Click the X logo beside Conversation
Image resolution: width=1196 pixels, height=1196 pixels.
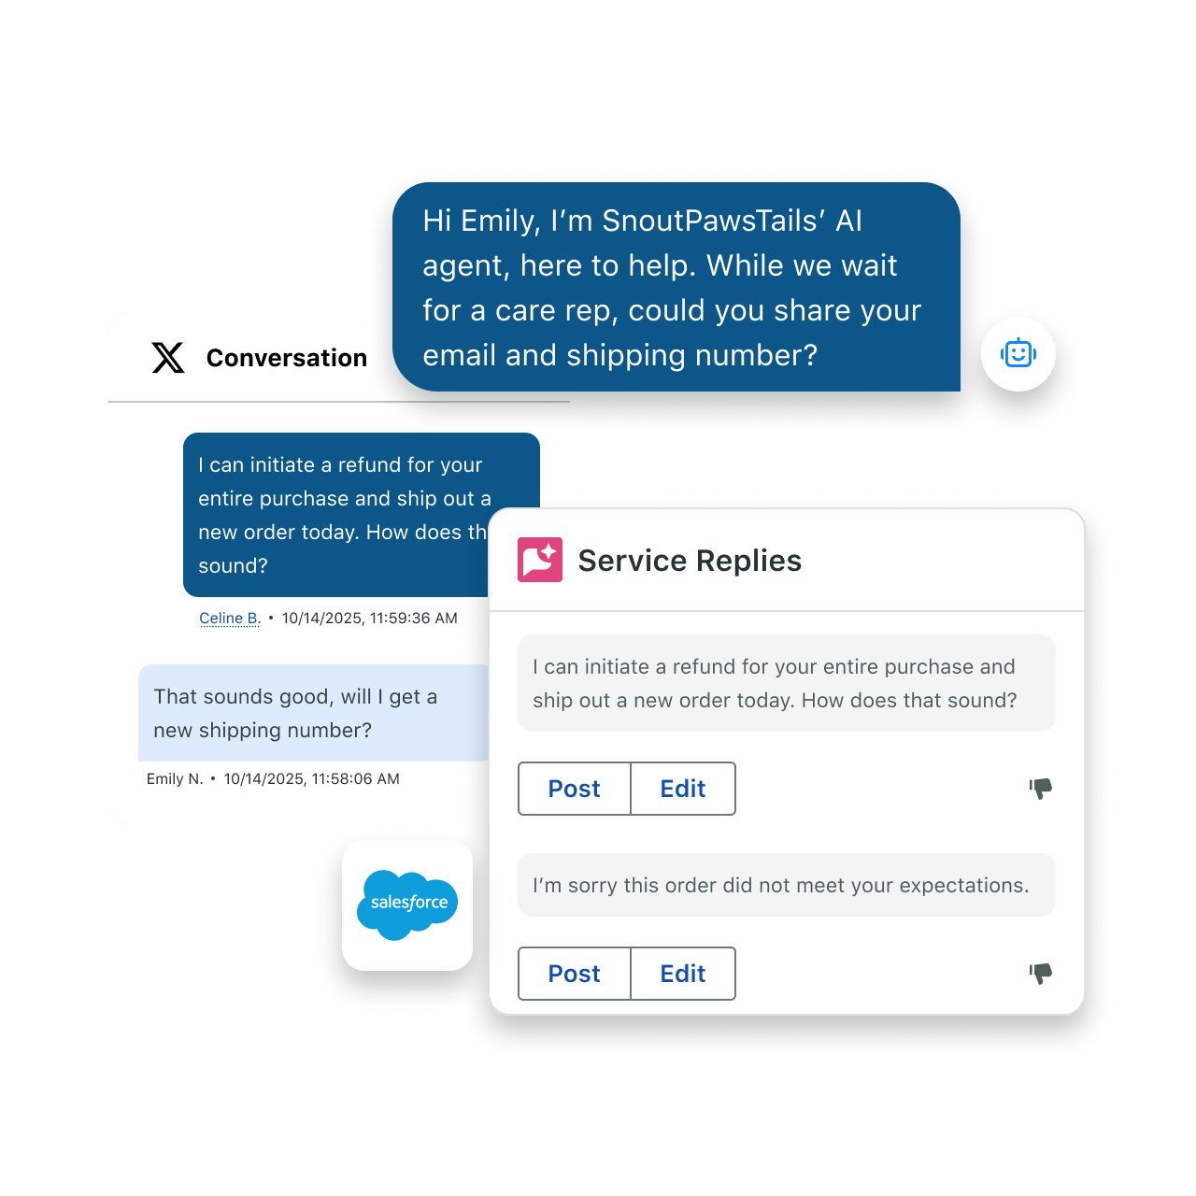(167, 357)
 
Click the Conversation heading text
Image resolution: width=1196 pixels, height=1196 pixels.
(287, 358)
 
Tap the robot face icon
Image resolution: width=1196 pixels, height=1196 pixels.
(1018, 354)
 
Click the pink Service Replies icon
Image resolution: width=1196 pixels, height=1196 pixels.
(539, 559)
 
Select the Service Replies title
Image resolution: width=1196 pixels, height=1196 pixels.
(690, 561)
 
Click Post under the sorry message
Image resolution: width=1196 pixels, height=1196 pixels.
(574, 974)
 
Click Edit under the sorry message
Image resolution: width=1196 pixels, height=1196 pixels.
(683, 974)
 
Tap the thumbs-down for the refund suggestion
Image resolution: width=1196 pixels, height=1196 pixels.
(1040, 789)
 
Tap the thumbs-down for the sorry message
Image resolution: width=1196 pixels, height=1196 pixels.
(1040, 974)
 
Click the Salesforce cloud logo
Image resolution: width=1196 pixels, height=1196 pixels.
(407, 904)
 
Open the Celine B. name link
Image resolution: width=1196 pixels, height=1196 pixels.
(230, 619)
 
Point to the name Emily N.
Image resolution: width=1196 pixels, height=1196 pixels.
(175, 779)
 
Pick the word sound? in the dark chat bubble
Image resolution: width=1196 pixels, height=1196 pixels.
(233, 565)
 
